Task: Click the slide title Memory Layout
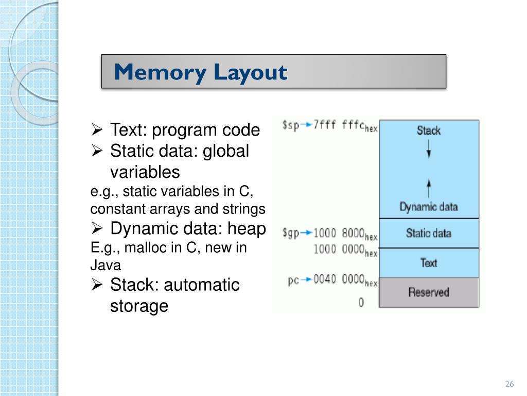click(201, 72)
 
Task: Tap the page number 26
click(510, 384)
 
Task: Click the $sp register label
click(290, 125)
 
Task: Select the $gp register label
click(290, 233)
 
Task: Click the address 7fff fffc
click(340, 125)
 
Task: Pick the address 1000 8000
click(340, 233)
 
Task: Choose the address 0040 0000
click(340, 280)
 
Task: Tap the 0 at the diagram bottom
click(361, 303)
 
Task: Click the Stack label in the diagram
click(428, 130)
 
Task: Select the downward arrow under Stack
click(429, 150)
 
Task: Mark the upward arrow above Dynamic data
click(429, 187)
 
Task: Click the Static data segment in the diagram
click(428, 233)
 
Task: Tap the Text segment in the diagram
click(428, 263)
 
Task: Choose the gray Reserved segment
click(428, 292)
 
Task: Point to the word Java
click(106, 266)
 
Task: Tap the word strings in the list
click(249, 209)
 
